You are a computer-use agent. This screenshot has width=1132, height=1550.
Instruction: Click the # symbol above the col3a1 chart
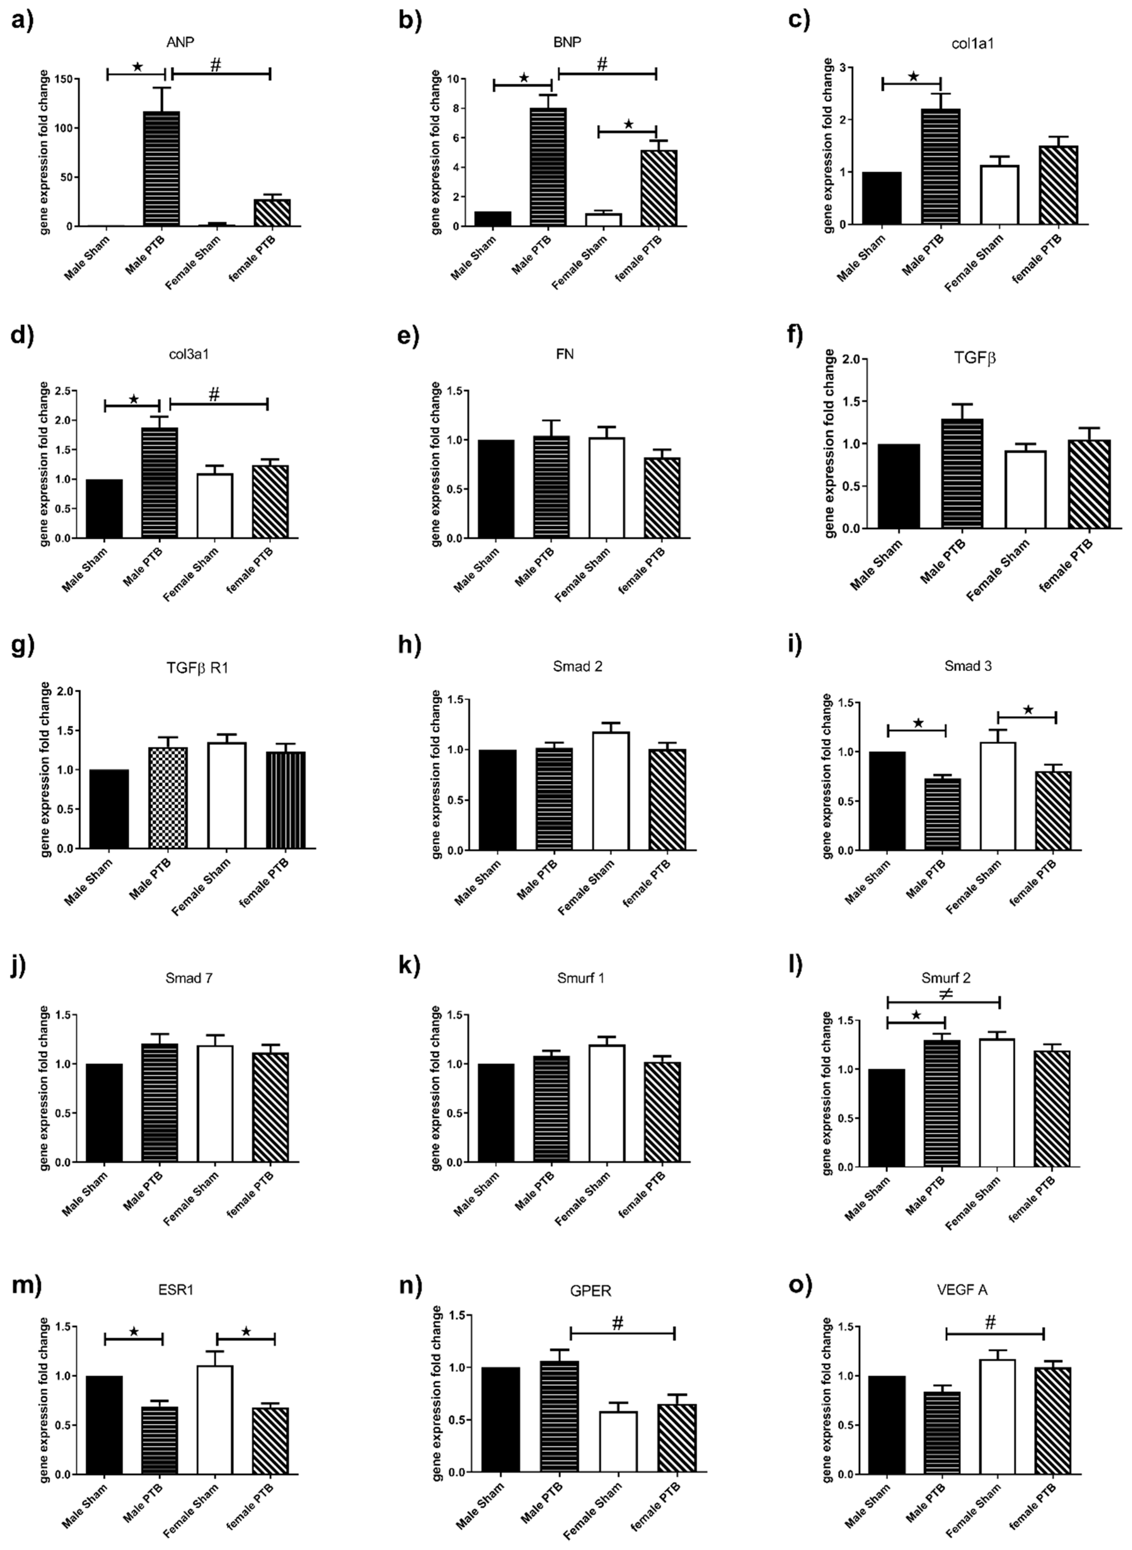click(x=214, y=395)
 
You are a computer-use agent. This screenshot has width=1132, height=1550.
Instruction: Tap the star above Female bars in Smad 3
click(x=1028, y=710)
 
